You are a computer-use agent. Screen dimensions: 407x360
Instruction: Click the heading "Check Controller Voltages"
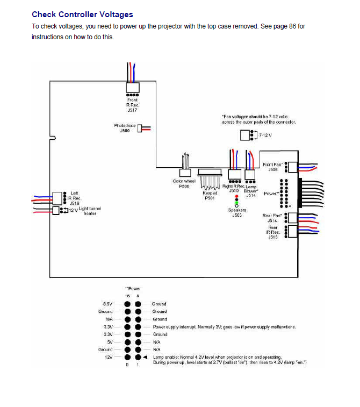(82, 15)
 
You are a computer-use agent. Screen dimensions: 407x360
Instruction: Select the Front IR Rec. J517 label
(132, 104)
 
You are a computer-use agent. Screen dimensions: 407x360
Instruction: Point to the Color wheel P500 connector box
(185, 173)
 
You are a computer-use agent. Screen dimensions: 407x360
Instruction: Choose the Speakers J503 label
(237, 212)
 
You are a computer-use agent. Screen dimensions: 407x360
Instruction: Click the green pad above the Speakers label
(237, 202)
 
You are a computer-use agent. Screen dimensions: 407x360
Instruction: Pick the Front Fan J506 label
(272, 167)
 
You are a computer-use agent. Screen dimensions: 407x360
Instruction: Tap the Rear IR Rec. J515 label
(273, 232)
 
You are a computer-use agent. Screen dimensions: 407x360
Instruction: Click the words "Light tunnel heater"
(90, 211)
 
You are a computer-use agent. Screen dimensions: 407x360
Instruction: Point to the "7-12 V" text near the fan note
(265, 135)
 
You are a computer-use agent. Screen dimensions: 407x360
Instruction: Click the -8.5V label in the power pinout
(107, 304)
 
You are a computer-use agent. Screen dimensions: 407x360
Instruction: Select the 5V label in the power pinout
(110, 341)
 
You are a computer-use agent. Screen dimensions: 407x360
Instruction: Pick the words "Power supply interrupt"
(175, 326)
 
